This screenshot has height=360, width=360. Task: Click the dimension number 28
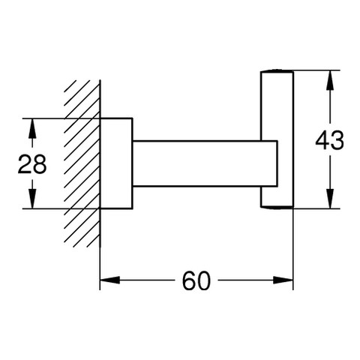click(x=32, y=163)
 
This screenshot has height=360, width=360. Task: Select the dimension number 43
click(x=329, y=140)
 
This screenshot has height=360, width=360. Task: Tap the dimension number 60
click(x=196, y=280)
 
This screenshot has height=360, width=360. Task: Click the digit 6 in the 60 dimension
click(x=189, y=280)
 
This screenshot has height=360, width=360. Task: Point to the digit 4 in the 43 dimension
click(x=322, y=140)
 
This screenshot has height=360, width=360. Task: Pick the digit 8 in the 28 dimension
click(x=40, y=163)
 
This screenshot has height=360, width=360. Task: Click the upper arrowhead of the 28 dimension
click(x=32, y=128)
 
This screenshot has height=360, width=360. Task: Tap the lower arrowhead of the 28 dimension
click(x=32, y=199)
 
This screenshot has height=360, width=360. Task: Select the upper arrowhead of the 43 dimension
click(x=330, y=80)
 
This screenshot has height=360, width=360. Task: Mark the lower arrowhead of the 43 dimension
click(x=330, y=199)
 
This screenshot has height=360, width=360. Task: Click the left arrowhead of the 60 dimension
click(x=109, y=280)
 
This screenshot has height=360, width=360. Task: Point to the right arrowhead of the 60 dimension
click(x=283, y=280)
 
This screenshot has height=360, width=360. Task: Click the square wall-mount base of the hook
click(x=116, y=163)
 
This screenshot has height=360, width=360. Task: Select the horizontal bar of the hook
click(x=205, y=163)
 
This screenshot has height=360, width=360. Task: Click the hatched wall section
click(x=82, y=163)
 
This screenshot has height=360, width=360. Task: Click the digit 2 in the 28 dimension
click(x=25, y=163)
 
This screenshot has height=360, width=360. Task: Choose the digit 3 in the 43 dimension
click(x=337, y=140)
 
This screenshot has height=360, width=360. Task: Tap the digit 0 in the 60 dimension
click(x=204, y=280)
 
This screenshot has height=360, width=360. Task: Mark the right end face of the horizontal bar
click(x=277, y=163)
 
